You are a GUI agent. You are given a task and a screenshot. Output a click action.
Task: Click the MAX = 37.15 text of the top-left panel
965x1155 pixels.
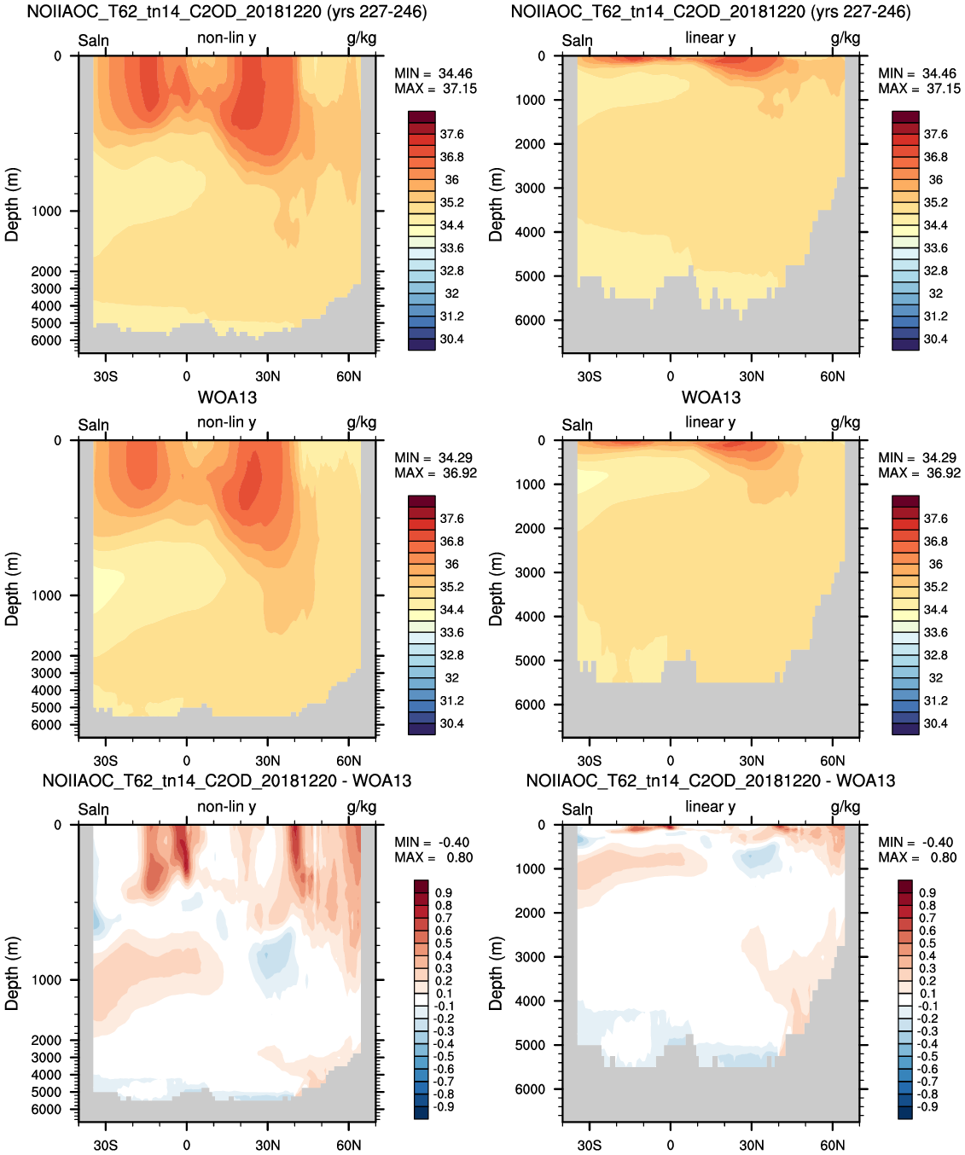click(x=435, y=89)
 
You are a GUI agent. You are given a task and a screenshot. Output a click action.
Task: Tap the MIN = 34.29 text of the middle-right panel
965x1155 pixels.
click(x=919, y=457)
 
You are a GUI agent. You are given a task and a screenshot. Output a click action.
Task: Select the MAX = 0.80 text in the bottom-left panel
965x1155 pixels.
click(x=433, y=857)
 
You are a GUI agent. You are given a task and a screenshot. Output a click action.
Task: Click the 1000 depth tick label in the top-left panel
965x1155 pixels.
click(x=46, y=212)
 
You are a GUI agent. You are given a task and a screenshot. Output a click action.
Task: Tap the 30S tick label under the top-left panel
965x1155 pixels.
click(x=105, y=377)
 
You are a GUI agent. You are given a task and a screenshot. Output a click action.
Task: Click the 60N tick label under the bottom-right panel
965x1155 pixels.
click(x=832, y=1145)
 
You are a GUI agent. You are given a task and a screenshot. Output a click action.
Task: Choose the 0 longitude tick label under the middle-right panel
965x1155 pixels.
click(x=671, y=762)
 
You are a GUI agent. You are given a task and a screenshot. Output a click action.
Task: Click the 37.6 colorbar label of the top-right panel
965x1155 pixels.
click(x=935, y=135)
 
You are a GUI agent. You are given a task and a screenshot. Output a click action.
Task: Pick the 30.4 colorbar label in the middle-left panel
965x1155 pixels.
click(x=451, y=723)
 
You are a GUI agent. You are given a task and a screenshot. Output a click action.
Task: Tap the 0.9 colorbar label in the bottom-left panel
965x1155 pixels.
click(x=443, y=893)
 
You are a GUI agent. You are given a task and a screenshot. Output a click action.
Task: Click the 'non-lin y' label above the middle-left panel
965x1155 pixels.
click(x=226, y=422)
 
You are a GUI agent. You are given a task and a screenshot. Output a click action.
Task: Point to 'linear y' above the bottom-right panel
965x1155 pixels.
click(x=711, y=806)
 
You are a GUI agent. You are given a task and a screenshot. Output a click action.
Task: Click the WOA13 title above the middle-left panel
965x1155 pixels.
click(x=227, y=398)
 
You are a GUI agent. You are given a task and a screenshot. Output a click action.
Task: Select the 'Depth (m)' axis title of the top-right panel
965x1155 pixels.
click(x=496, y=205)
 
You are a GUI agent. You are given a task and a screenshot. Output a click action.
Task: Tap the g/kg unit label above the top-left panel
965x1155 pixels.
click(x=362, y=38)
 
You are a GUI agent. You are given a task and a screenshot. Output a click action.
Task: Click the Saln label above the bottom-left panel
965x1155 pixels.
click(x=94, y=810)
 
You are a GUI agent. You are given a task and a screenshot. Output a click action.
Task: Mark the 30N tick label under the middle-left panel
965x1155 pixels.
click(x=268, y=762)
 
